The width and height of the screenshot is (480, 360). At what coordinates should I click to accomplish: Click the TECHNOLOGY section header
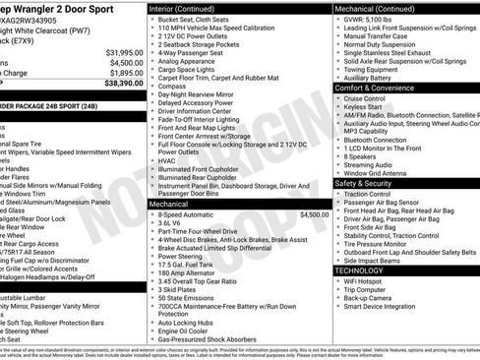point(359,270)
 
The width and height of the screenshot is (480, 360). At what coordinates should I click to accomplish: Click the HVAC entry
point(167,159)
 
